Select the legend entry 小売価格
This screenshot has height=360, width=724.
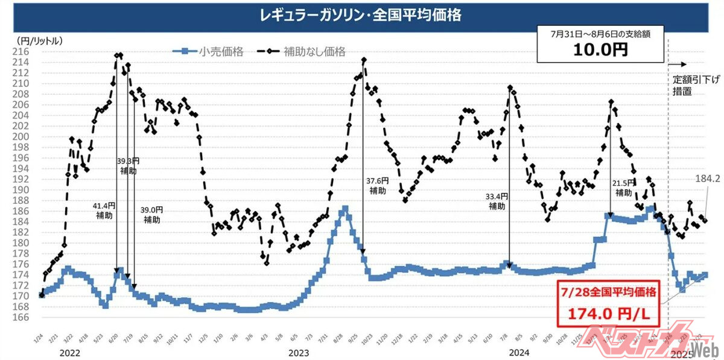[221, 52]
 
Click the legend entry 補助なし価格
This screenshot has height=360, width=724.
[314, 52]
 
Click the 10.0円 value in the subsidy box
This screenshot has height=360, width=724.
[601, 49]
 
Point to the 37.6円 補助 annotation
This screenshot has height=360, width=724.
[378, 185]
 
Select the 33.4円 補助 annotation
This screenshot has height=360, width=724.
[497, 201]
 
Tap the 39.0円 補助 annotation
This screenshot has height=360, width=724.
[151, 215]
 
